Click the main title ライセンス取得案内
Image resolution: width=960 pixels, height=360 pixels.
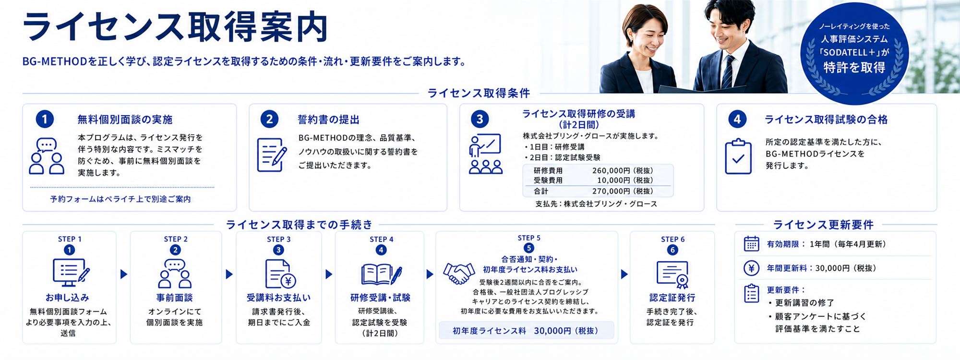[176, 27]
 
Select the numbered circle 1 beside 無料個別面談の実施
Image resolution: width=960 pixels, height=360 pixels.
[45, 119]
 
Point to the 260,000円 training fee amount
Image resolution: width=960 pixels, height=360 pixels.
[623, 170]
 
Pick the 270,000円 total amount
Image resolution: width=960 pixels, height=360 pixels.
[623, 191]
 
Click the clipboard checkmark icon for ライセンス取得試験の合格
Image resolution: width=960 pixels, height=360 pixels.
[738, 156]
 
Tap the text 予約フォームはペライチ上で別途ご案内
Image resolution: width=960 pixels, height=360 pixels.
[120, 199]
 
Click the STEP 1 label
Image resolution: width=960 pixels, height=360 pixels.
[70, 239]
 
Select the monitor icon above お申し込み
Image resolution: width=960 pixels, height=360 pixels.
[71, 272]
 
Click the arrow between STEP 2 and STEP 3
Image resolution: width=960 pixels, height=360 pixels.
[229, 274]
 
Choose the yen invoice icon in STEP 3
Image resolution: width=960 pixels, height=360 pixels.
[280, 274]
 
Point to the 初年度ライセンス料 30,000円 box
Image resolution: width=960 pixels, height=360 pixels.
[527, 330]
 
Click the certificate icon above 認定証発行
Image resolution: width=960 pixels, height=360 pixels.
[672, 275]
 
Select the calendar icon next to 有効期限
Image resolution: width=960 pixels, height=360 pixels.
[751, 244]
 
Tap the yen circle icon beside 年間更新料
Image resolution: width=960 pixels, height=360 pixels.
[751, 268]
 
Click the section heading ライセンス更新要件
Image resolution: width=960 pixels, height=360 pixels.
[823, 225]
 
